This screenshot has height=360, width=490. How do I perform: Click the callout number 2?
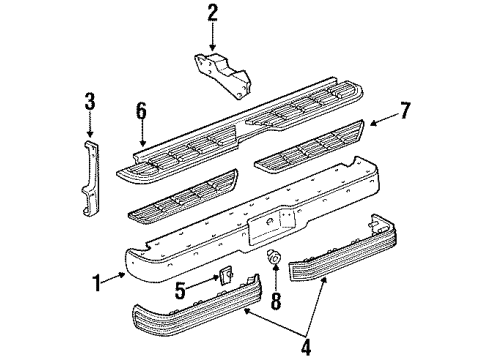click(212, 13)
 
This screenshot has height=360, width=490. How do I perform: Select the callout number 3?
click(90, 100)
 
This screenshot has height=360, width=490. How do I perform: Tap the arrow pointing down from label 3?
click(90, 124)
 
